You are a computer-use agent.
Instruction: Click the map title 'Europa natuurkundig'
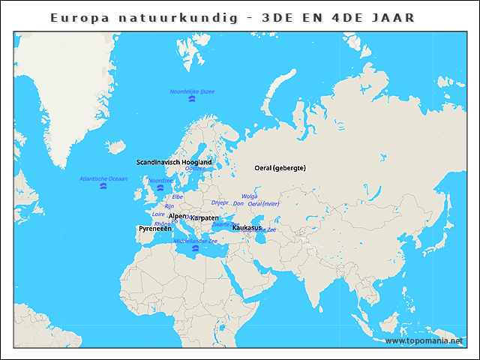[x=135, y=16]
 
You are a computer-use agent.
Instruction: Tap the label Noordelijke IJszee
[x=192, y=91]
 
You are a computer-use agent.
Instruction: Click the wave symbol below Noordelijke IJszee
[x=192, y=99]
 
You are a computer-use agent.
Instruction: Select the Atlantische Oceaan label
[x=103, y=178]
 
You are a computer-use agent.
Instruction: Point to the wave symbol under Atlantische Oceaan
[x=103, y=186]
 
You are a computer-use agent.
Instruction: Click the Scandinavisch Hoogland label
[x=174, y=162]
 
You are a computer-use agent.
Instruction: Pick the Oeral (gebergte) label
[x=280, y=168]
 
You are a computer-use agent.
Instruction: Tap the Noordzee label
[x=160, y=181]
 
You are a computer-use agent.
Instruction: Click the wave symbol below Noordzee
[x=160, y=187]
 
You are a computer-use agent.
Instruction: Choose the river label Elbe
[x=178, y=196]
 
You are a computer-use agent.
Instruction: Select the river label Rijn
[x=169, y=205]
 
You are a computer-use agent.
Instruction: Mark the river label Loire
[x=158, y=214]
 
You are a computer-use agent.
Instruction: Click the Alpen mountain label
[x=178, y=216]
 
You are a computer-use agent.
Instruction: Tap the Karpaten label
[x=204, y=217]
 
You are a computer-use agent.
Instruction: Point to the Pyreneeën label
[x=155, y=228]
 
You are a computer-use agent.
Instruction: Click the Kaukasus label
[x=247, y=227]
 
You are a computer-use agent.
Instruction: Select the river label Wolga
[x=249, y=196]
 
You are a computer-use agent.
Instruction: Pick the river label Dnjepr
[x=220, y=202]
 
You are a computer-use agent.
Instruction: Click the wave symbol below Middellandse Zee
[x=196, y=248]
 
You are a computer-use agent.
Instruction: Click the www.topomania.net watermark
[x=424, y=340]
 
